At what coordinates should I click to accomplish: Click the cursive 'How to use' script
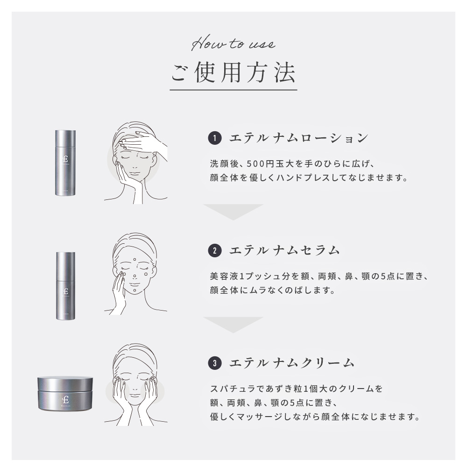pyautogui.click(x=233, y=46)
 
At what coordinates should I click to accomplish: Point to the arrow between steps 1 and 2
pyautogui.click(x=233, y=212)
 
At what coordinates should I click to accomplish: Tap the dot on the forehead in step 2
pyautogui.click(x=134, y=260)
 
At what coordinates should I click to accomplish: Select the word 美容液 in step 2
pyautogui.click(x=221, y=276)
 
